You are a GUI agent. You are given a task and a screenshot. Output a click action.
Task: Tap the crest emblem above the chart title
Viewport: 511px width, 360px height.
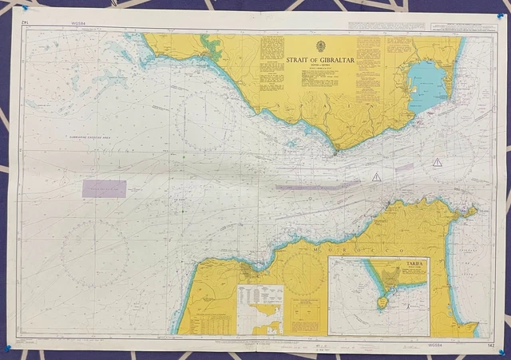pyautogui.click(x=321, y=46)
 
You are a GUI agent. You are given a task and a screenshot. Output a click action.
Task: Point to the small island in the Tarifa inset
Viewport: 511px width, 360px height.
pyautogui.click(x=382, y=303)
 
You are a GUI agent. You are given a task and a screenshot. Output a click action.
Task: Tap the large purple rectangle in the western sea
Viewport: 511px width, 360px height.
pyautogui.click(x=104, y=188)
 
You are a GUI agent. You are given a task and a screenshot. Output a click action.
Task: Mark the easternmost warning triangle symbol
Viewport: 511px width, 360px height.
pyautogui.click(x=437, y=162)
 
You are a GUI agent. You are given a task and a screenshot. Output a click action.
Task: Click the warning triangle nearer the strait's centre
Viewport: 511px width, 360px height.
pyautogui.click(x=376, y=176)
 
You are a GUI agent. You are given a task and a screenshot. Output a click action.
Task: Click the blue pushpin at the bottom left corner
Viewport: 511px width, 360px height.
pyautogui.click(x=9, y=346)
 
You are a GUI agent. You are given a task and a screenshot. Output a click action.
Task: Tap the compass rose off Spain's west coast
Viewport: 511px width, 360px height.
pyautogui.click(x=207, y=121)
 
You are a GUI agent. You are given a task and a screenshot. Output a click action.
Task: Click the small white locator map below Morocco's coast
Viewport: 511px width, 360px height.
pyautogui.click(x=260, y=309)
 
